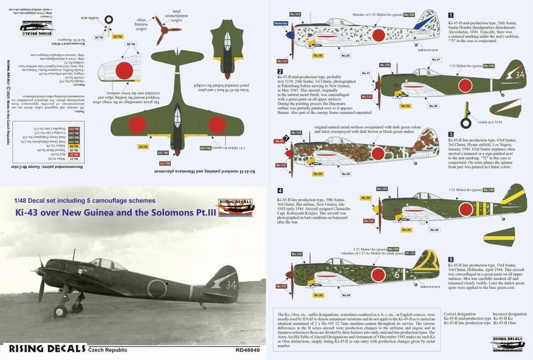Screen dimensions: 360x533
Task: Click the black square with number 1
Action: [x=451, y=16]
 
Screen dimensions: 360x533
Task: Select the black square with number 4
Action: [x=280, y=191]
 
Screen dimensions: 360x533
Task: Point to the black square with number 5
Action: [x=451, y=259]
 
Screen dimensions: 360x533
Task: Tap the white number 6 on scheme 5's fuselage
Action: [x=396, y=275]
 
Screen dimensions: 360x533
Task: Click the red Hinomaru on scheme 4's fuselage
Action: [x=466, y=209]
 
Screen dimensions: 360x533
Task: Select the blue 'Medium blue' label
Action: [x=281, y=23]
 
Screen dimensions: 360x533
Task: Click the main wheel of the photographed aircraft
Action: [x=60, y=312]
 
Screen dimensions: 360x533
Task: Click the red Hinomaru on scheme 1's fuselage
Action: [x=378, y=35]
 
